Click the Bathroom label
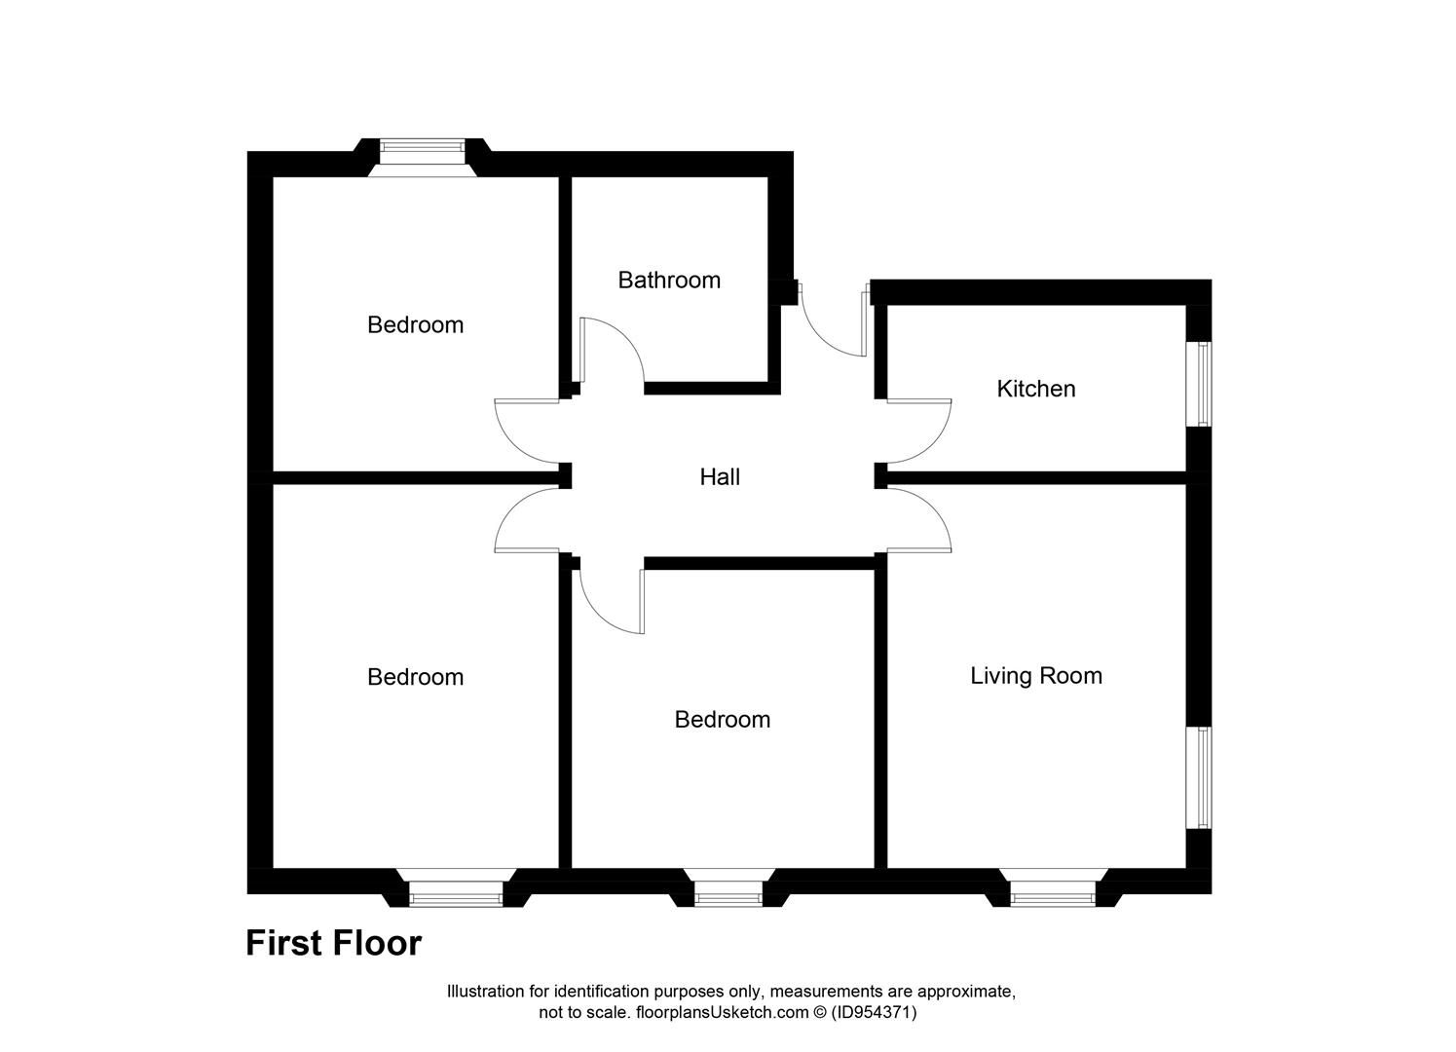[x=669, y=281]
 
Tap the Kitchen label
[x=1035, y=389]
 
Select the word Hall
[x=720, y=477]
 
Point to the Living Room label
[x=1035, y=676]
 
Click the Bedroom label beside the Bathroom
[x=415, y=324]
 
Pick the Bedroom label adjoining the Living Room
[x=722, y=720]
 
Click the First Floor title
[x=333, y=943]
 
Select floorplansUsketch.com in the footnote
[x=722, y=1012]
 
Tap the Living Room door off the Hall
[x=918, y=521]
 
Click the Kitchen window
[x=1204, y=383]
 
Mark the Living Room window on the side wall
[x=1204, y=777]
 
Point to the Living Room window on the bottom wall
[x=1053, y=893]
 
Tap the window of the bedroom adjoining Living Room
[x=728, y=893]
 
